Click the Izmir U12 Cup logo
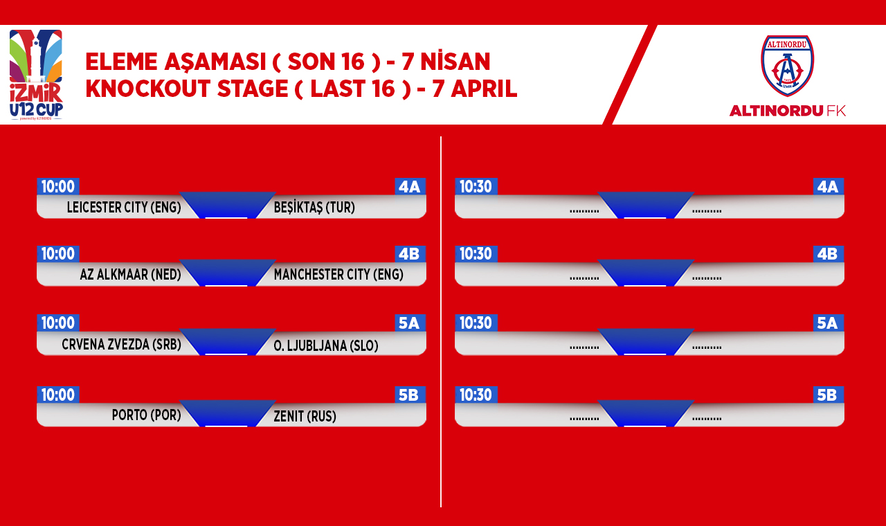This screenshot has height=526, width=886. pyautogui.click(x=36, y=75)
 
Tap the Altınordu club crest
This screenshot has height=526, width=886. pyautogui.click(x=787, y=66)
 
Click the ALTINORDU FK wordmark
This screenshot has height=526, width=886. pyautogui.click(x=788, y=111)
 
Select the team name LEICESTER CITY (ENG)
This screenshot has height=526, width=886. pyautogui.click(x=124, y=207)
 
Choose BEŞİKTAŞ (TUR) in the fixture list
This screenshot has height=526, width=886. pyautogui.click(x=314, y=207)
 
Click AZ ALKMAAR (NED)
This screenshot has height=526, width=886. pyautogui.click(x=131, y=275)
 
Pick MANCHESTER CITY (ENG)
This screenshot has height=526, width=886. pyautogui.click(x=338, y=275)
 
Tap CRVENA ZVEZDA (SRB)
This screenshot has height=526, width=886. pyautogui.click(x=121, y=345)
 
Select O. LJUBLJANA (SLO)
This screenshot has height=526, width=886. pyautogui.click(x=326, y=345)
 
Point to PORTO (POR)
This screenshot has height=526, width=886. pyautogui.click(x=146, y=415)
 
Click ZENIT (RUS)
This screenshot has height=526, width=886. pyautogui.click(x=305, y=417)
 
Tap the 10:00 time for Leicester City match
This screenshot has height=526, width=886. pyautogui.click(x=58, y=187)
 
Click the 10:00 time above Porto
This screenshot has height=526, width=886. pyautogui.click(x=58, y=394)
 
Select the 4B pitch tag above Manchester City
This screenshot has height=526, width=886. pyautogui.click(x=410, y=254)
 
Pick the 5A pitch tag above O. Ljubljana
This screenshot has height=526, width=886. pyautogui.click(x=410, y=323)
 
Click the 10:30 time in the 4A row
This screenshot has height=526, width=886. pyautogui.click(x=476, y=187)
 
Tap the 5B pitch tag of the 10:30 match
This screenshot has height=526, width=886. pyautogui.click(x=828, y=394)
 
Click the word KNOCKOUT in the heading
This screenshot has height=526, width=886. pyautogui.click(x=147, y=88)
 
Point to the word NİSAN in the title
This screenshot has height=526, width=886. pyautogui.click(x=455, y=62)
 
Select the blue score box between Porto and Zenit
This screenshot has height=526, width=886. pyautogui.click(x=228, y=414)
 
